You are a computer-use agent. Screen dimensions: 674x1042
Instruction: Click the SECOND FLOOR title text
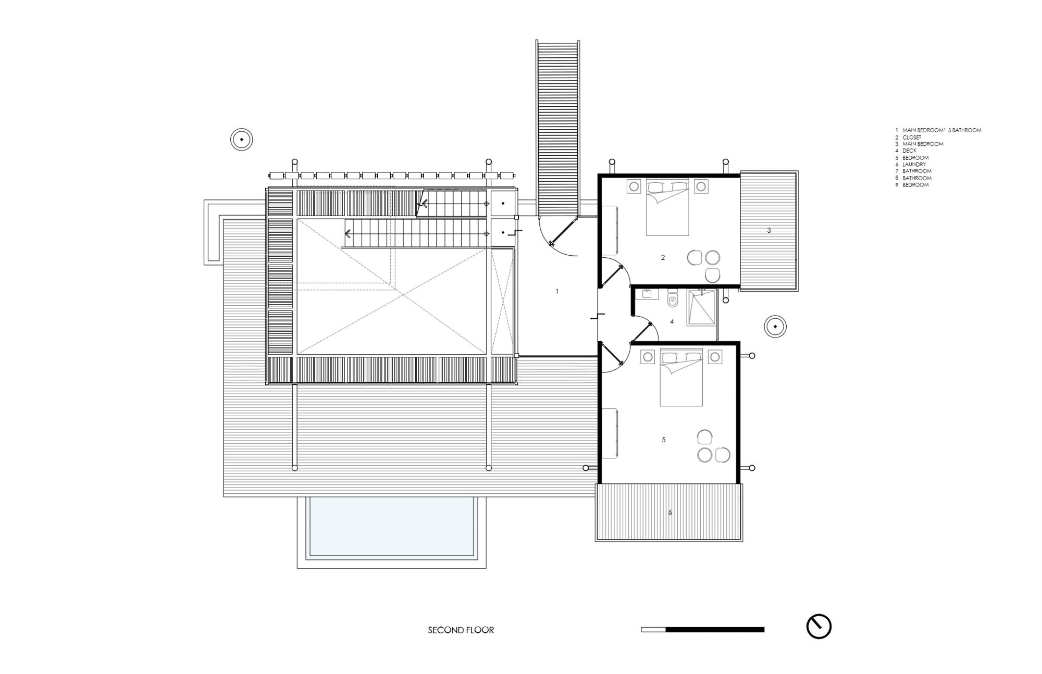[461, 630]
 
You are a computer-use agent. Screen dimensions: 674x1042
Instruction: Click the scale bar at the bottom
[702, 630]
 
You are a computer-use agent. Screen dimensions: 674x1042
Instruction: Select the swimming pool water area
[392, 526]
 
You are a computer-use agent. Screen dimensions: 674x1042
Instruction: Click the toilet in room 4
[673, 299]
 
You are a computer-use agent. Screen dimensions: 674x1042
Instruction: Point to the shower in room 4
[701, 308]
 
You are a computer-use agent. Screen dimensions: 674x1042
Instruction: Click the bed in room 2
[667, 207]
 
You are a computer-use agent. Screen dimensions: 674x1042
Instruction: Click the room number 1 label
[557, 291]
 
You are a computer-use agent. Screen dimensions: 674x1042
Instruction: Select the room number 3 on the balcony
[768, 230]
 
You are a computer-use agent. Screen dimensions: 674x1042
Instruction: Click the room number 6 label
[670, 513]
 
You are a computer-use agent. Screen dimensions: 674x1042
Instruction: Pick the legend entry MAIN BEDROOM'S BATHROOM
[941, 130]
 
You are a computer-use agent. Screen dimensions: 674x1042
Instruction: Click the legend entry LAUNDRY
[914, 164]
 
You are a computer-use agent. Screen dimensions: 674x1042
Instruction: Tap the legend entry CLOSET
[912, 137]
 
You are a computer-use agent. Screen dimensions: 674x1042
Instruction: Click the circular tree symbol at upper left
[242, 140]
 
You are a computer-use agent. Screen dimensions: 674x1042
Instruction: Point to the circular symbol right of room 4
[775, 327]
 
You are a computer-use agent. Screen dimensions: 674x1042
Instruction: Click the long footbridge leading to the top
[558, 128]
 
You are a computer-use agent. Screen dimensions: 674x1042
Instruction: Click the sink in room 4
[647, 294]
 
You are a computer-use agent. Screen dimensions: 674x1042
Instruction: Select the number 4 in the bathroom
[672, 322]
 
